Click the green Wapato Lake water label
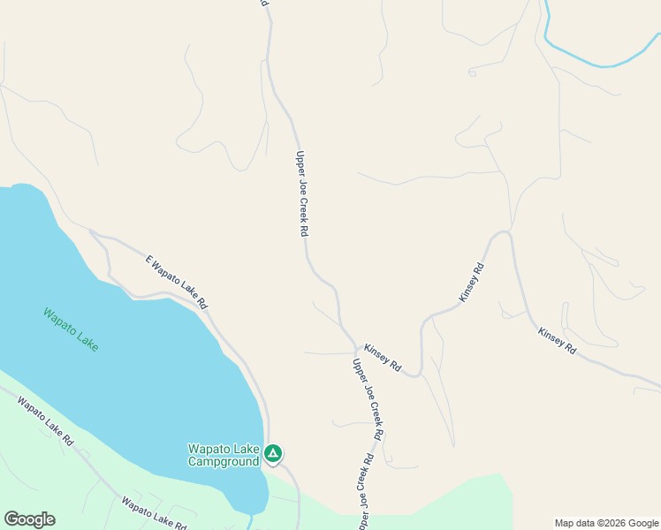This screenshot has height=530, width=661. (71, 329)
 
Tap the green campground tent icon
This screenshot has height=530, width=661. (273, 454)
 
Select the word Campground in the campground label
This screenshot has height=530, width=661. (224, 461)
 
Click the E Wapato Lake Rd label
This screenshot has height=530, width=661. (177, 282)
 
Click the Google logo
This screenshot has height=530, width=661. (29, 519)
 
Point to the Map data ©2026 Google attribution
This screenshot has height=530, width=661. (607, 523)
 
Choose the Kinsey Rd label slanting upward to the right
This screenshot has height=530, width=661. (472, 284)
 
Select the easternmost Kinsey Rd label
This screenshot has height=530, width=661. (558, 340)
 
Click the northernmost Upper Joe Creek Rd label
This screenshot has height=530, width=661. (301, 193)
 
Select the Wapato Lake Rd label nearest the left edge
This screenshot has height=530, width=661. (44, 420)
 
